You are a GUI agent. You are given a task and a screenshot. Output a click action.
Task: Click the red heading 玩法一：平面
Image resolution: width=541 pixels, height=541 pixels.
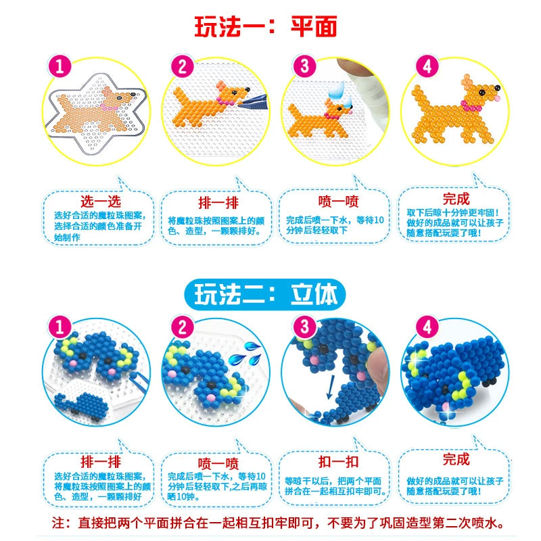point(266,26)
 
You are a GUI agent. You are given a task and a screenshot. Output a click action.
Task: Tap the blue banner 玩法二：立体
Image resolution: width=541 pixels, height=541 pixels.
point(265,294)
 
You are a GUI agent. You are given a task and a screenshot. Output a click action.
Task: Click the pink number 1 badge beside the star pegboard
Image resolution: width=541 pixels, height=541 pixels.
point(60,66)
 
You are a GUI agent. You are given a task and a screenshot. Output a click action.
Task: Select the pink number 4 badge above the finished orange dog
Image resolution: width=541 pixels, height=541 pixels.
point(427,66)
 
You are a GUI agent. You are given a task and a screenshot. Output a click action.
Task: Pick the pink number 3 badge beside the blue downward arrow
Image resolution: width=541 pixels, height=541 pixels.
point(304,327)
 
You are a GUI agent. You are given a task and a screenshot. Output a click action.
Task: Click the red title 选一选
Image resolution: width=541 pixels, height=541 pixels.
point(101,201)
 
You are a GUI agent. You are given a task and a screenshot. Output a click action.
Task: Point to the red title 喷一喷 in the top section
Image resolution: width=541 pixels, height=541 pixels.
point(339,201)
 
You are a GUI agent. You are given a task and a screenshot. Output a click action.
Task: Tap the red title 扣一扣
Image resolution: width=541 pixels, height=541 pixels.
point(339,462)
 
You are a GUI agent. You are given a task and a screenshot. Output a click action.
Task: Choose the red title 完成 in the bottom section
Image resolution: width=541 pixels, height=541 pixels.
point(456,459)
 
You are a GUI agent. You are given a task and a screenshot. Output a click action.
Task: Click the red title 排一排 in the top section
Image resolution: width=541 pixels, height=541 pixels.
point(218,202)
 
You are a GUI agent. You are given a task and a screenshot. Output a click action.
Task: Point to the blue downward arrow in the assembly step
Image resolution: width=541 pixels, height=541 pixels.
point(331,387)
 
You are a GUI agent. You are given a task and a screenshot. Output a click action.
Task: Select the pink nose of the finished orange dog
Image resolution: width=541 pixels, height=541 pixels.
point(497,98)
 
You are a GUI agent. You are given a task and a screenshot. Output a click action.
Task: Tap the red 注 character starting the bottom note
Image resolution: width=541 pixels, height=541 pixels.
point(58,523)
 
